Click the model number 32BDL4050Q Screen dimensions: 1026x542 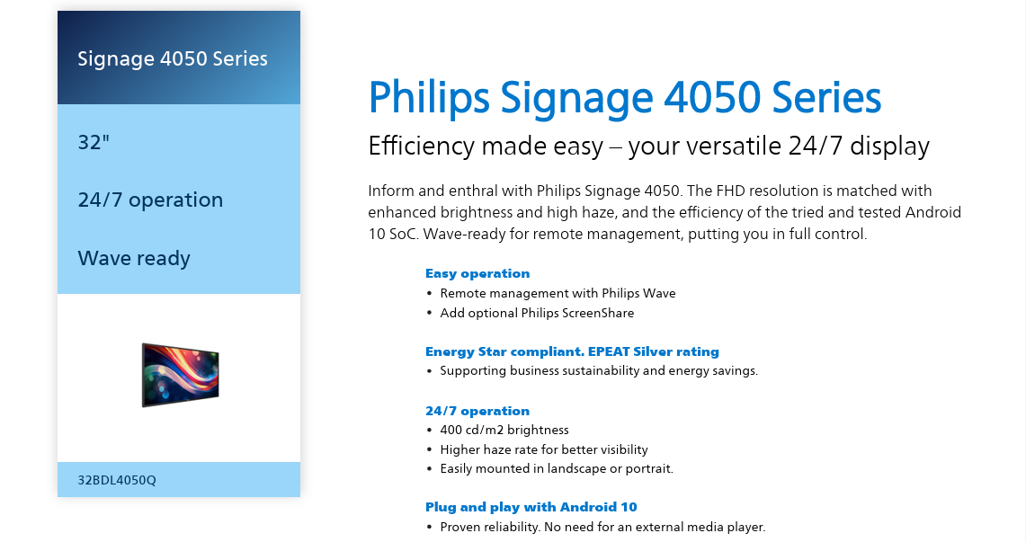pyautogui.click(x=117, y=480)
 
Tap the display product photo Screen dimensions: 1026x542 pyautogui.click(x=180, y=375)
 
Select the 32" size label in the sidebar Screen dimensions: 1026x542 pyautogui.click(x=94, y=142)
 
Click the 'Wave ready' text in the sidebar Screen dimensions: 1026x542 pyautogui.click(x=134, y=258)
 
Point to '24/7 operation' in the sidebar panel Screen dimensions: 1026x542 pyautogui.click(x=150, y=200)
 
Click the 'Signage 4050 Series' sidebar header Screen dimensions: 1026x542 pyautogui.click(x=173, y=58)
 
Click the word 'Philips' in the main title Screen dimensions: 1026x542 pyautogui.click(x=429, y=98)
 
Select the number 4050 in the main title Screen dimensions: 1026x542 pyautogui.click(x=712, y=97)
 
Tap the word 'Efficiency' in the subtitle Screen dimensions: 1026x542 pyautogui.click(x=421, y=146)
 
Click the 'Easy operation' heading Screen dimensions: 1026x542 pyautogui.click(x=477, y=273)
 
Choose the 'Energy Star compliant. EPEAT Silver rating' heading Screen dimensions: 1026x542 pyautogui.click(x=572, y=351)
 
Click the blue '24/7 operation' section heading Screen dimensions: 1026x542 pyautogui.click(x=477, y=411)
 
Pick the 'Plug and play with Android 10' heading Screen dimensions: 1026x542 pyautogui.click(x=531, y=507)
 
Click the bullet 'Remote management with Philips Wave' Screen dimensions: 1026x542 pyautogui.click(x=558, y=294)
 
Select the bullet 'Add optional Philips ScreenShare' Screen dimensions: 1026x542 pyautogui.click(x=537, y=313)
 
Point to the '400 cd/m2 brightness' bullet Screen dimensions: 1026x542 pyautogui.click(x=504, y=430)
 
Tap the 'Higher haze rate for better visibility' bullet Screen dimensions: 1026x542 pyautogui.click(x=544, y=449)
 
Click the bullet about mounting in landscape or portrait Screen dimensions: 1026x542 pyautogui.click(x=557, y=469)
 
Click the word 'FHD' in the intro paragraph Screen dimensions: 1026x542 pyautogui.click(x=730, y=191)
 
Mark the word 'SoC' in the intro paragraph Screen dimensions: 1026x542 pyautogui.click(x=404, y=234)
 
